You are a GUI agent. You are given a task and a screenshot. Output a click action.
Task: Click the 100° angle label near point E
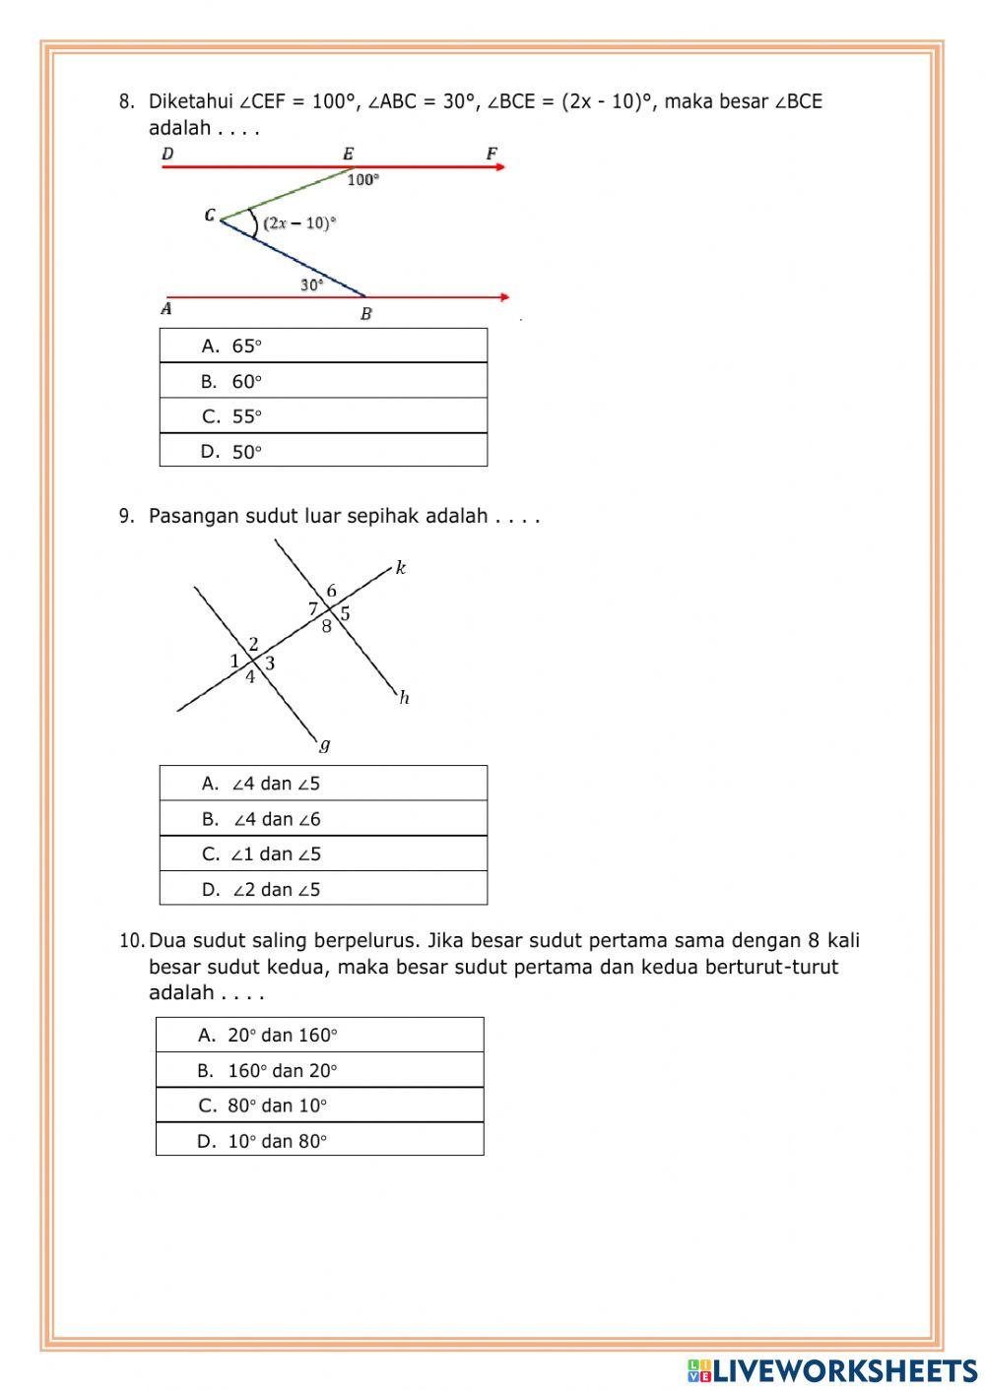[362, 180]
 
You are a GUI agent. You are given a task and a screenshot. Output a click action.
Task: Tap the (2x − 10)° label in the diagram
[299, 223]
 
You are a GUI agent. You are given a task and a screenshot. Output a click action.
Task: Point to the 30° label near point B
[311, 285]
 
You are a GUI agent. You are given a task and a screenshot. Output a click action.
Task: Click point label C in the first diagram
[210, 215]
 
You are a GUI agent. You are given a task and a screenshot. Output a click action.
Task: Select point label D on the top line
[167, 154]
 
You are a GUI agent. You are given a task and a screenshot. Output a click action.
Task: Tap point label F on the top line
[492, 154]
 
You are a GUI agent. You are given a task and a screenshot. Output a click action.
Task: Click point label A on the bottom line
[166, 309]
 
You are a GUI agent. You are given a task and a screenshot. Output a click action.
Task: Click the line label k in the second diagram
[401, 567]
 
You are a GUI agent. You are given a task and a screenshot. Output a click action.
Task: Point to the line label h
[404, 698]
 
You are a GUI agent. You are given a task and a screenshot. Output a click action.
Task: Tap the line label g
[325, 744]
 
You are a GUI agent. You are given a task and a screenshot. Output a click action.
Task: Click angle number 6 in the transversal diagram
[332, 592]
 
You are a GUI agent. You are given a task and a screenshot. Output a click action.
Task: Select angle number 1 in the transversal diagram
[234, 662]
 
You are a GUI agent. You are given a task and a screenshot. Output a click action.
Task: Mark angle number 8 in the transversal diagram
[326, 626]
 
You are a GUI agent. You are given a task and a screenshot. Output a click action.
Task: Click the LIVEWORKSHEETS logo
[832, 1369]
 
